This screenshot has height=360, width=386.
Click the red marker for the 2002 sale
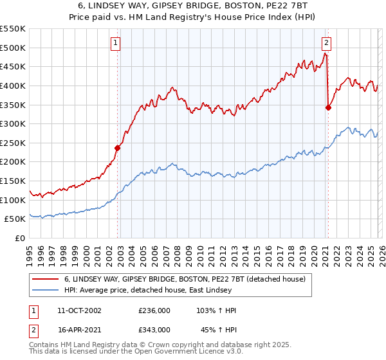point(118,148)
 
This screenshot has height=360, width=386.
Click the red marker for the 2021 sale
point(328,107)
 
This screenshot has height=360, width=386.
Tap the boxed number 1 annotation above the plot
point(115,43)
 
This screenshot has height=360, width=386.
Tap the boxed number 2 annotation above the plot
point(326,43)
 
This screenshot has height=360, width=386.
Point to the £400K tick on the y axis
point(14,85)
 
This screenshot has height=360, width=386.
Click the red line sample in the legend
point(46,279)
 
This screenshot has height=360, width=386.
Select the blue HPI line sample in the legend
point(46,290)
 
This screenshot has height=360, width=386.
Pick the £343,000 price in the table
point(154,329)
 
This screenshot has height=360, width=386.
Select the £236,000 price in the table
point(154,310)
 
